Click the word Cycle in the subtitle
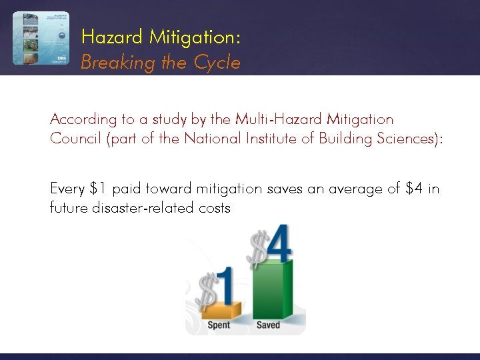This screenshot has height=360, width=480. pos(217,63)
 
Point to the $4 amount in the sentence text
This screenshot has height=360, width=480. pos(414,189)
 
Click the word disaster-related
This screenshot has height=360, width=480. pos(128,208)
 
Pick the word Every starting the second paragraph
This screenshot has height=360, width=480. pos(67,189)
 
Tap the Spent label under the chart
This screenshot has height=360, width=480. pos(219,325)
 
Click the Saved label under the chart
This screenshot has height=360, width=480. pos(268,325)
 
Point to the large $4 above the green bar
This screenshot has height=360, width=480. pos(269,245)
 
